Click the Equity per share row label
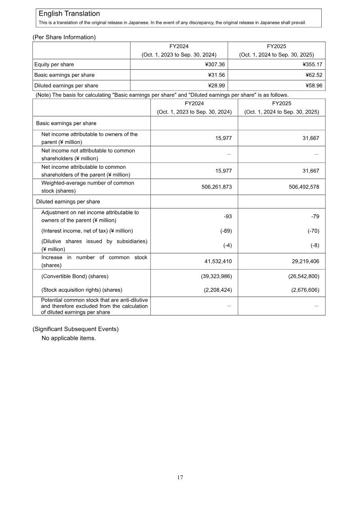pos(54,64)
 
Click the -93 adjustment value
pos(228,217)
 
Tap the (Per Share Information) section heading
pos(64,37)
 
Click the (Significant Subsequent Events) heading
pos(75,329)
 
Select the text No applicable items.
pos(68,338)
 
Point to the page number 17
pos(180,477)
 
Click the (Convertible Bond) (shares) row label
pos(75,276)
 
